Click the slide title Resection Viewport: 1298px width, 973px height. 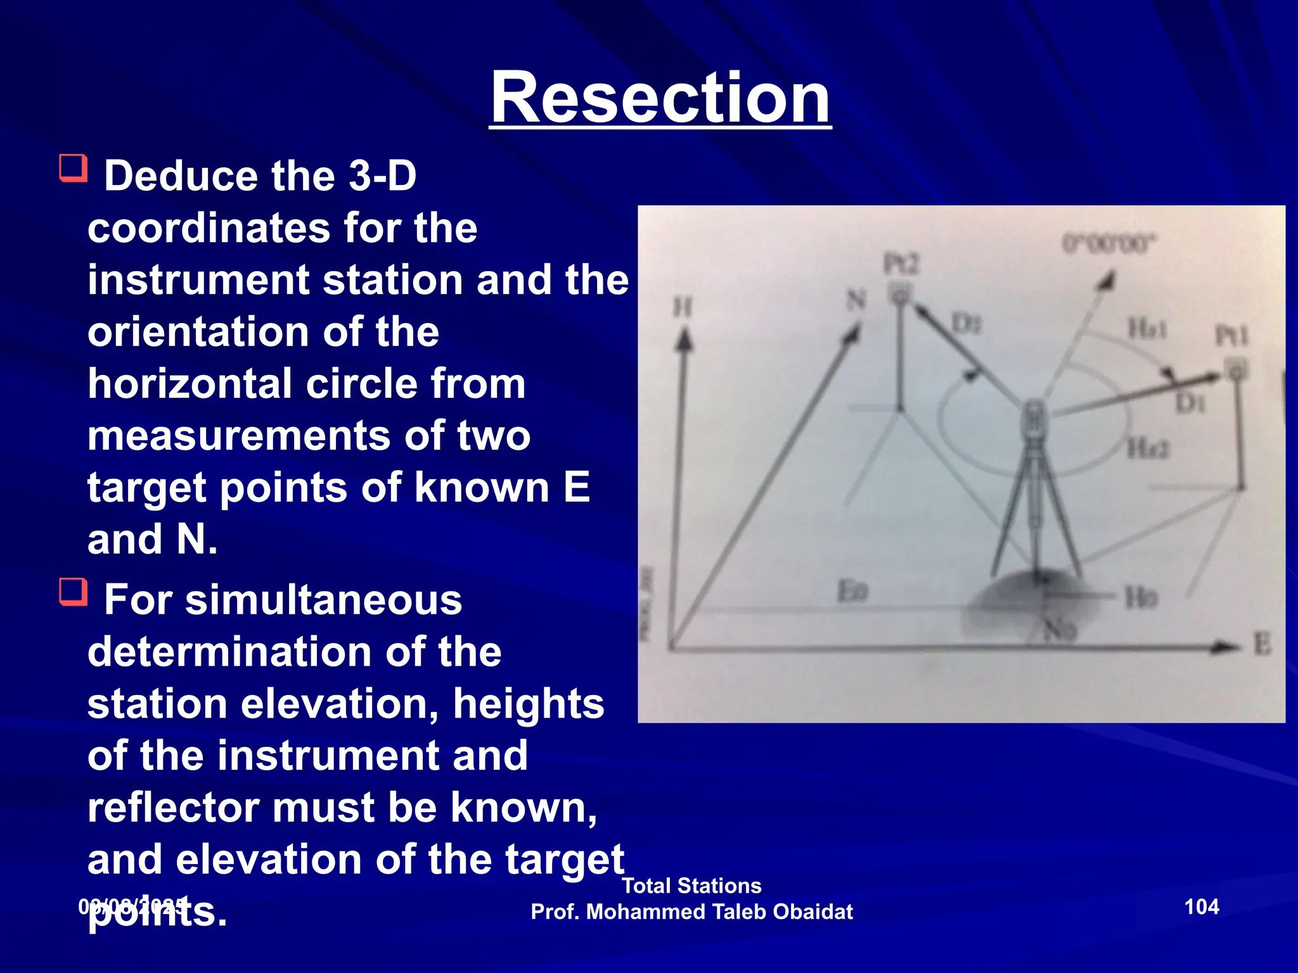point(659,98)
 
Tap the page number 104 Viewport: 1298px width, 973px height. point(1201,906)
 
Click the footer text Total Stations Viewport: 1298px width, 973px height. point(691,885)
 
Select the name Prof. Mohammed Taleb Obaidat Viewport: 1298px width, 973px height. point(691,912)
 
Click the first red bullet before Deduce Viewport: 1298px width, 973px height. point(73,169)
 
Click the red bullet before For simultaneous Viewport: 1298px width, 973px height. point(73,592)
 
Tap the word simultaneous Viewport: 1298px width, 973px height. point(323,600)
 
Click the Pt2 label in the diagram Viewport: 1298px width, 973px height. point(901,264)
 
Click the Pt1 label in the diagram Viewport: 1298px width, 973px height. point(1230,335)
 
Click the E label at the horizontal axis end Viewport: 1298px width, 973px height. point(1262,645)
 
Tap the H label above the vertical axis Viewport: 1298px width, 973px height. point(682,308)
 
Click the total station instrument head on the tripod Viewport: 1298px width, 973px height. point(1034,421)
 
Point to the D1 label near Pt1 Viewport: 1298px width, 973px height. point(1189,402)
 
